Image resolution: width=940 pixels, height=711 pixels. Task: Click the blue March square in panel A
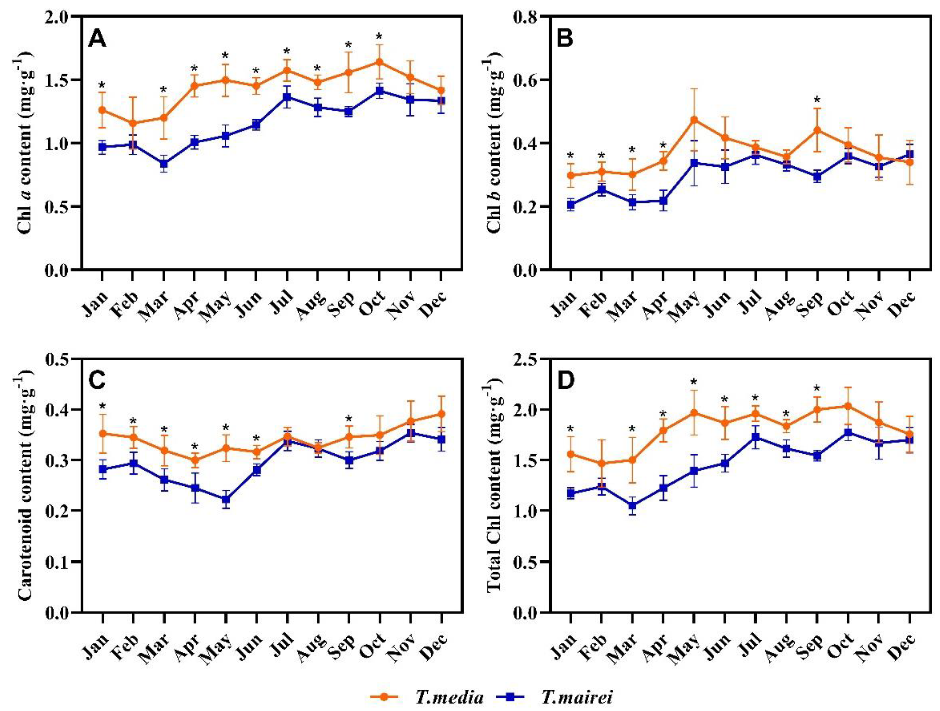[x=164, y=164]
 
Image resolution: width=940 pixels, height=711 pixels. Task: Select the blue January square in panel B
[x=571, y=205]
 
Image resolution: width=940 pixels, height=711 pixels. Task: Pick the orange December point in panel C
[x=441, y=414]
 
